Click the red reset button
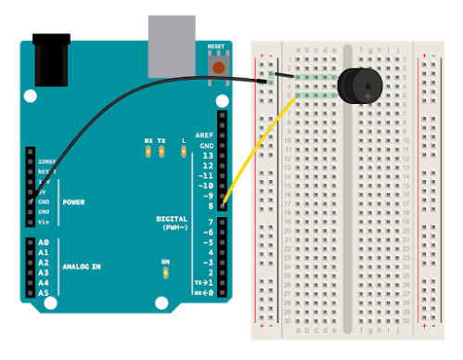218,67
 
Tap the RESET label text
216,45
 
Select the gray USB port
172,45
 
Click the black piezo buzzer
359,85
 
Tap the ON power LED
165,273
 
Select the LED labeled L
184,151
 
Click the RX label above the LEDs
148,141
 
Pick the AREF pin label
204,135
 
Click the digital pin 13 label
207,155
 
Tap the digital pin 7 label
210,223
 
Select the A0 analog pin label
43,242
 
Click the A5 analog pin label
43,293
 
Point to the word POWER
73,201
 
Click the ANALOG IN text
83,266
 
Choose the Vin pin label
43,222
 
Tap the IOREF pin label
46,161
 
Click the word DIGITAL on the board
173,218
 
